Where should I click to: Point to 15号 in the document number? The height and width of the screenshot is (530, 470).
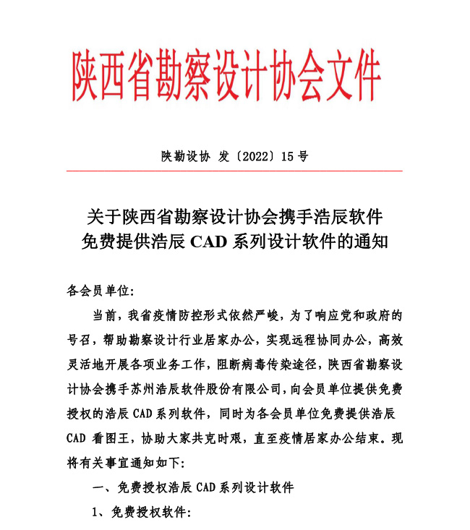(295, 155)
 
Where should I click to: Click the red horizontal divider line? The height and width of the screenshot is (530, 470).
(234, 171)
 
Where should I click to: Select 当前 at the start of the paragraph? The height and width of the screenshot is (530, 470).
(104, 315)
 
